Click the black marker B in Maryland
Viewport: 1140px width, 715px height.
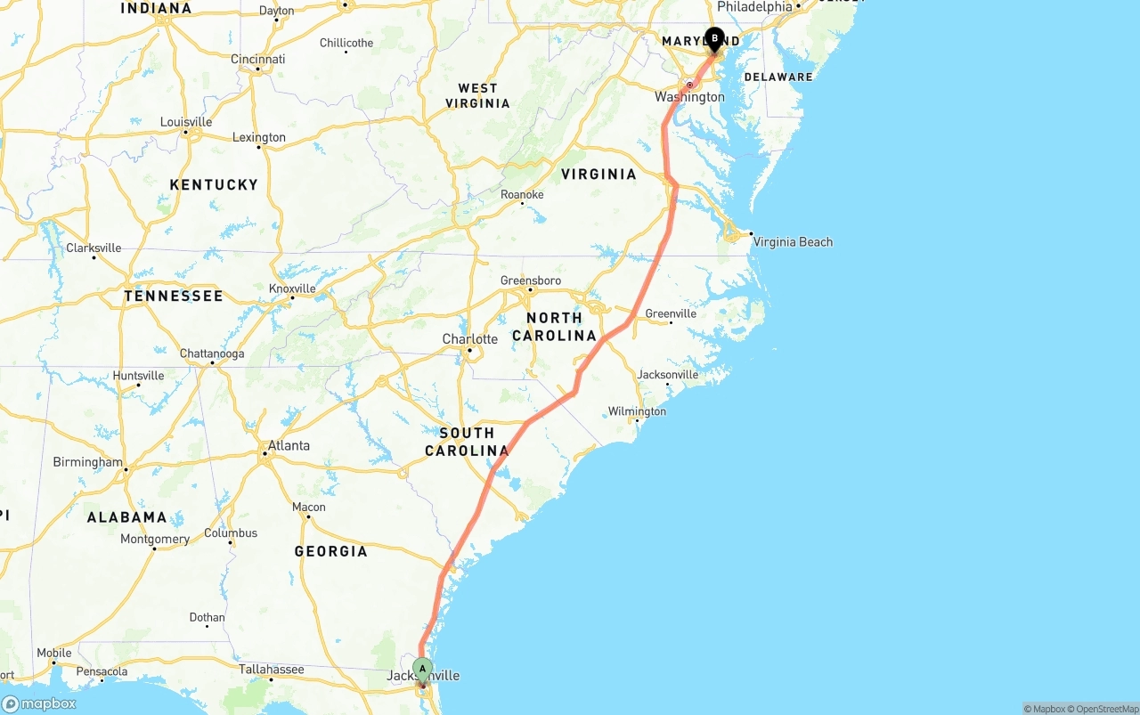(x=714, y=39)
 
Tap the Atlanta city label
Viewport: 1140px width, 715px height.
(x=289, y=445)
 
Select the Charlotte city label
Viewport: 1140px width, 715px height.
(x=470, y=339)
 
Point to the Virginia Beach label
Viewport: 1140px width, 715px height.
(x=793, y=241)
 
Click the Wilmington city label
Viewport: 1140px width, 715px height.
(x=637, y=411)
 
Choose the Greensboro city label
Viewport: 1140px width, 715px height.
(x=531, y=280)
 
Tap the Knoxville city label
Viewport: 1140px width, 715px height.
(x=292, y=288)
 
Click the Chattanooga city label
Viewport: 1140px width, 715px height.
(x=212, y=353)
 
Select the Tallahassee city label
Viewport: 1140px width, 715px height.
(x=272, y=670)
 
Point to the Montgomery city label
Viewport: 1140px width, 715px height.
(x=155, y=539)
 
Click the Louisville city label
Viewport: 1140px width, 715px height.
(x=186, y=122)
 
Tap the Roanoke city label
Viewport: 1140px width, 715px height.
(x=522, y=194)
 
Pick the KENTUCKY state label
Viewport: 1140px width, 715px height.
(x=214, y=184)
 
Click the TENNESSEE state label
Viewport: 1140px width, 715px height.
(x=174, y=296)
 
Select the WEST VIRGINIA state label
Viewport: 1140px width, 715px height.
(x=478, y=95)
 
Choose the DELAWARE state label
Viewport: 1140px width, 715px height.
(x=778, y=77)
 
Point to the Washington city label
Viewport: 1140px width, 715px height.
(x=690, y=97)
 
